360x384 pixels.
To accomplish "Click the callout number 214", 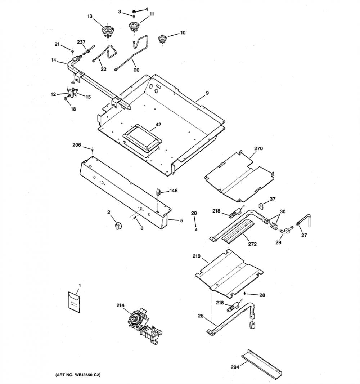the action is pos(120,305).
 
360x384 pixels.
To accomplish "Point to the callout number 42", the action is pos(158,125).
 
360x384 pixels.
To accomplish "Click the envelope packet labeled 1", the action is pos(74,302).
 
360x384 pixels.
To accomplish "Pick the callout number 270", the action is pos(258,148).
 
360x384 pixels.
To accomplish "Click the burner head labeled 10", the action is pos(162,39).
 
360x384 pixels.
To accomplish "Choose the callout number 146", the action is pos(174,191).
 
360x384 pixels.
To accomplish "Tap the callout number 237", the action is pos(81,42).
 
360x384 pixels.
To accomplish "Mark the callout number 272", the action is pos(252,244).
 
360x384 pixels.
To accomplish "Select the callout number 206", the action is pos(77,145).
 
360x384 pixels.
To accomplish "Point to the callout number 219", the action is pos(196,256).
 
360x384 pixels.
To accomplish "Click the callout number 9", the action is pos(207,93).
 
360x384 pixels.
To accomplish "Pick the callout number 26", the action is pos(201,316).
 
